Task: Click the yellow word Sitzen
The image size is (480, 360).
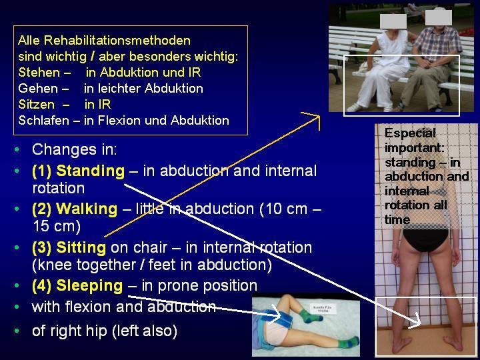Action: (x=37, y=105)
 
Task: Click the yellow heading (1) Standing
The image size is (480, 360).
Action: (x=79, y=171)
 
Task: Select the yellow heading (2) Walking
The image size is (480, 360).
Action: (x=75, y=209)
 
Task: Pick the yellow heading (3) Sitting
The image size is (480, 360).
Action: (x=69, y=247)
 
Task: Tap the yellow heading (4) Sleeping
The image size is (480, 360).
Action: (x=77, y=285)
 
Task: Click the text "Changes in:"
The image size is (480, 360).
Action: (x=75, y=149)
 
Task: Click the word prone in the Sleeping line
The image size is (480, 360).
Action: (x=179, y=286)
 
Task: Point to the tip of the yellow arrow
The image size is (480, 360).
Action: (x=319, y=116)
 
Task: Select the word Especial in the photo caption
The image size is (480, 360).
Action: (x=410, y=133)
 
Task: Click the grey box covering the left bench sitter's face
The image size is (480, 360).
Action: (x=393, y=21)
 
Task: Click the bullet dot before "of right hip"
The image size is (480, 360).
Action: (x=17, y=331)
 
